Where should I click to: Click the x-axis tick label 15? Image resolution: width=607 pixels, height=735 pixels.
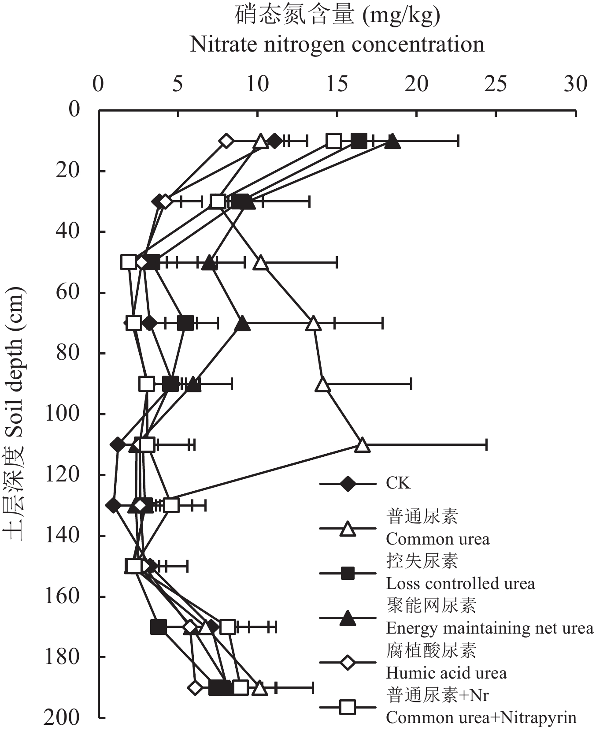pos(337,84)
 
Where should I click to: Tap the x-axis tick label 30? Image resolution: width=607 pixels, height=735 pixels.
pos(575,84)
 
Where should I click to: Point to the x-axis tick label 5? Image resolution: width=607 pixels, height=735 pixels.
pos(178,84)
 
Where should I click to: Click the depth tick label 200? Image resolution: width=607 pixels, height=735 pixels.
pos(62,718)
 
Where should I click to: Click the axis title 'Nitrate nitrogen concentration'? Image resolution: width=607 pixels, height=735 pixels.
pos(337,44)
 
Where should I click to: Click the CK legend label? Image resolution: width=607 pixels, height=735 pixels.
pos(398,483)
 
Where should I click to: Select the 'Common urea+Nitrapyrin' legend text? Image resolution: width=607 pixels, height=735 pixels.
pos(481,717)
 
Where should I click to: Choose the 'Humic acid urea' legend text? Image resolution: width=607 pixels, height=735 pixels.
pos(446,673)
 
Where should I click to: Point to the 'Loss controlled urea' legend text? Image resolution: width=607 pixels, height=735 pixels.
pos(460,583)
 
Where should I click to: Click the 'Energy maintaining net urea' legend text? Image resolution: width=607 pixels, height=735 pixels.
pos(490,628)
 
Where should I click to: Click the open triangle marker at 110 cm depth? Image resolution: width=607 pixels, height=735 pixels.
pos(362,445)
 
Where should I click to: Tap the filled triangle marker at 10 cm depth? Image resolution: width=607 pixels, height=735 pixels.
pos(392,142)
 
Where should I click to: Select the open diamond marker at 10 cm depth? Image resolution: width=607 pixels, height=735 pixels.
pos(226,141)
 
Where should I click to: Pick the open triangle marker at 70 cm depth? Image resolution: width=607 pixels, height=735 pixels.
pos(313,323)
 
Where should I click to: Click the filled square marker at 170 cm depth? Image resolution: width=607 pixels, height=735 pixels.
pos(159,627)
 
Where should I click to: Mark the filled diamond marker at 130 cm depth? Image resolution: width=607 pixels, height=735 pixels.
pos(114,506)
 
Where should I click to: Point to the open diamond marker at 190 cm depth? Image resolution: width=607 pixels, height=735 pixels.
pos(195,687)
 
